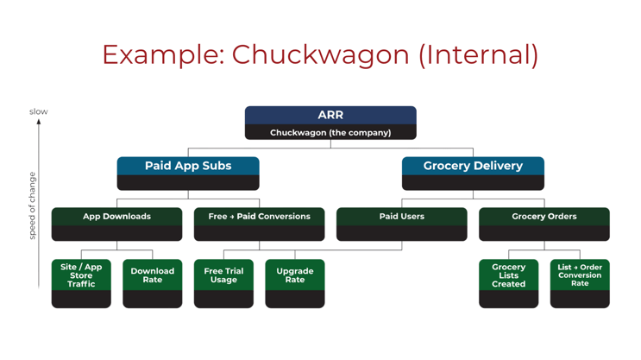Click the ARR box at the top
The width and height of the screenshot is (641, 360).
(x=330, y=115)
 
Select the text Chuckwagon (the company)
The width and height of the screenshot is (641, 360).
(x=330, y=133)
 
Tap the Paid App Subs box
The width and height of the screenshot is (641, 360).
(x=188, y=166)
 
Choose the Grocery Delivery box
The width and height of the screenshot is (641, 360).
(x=473, y=166)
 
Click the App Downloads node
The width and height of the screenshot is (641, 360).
(x=116, y=217)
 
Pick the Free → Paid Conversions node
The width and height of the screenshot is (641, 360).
(x=259, y=217)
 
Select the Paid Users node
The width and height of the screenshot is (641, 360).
(x=401, y=217)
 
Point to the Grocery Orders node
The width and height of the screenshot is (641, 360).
(x=544, y=217)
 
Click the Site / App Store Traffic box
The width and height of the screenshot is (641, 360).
(x=81, y=275)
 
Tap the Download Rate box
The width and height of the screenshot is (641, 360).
(x=153, y=275)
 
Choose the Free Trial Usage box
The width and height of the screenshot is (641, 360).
(x=223, y=275)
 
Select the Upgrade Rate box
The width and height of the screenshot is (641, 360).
(x=295, y=275)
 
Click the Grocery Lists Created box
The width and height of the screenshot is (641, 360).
(x=508, y=275)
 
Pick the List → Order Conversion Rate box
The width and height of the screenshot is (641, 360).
(x=580, y=275)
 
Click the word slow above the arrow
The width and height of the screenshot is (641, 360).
(x=39, y=111)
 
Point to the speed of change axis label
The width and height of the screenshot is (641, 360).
(x=33, y=205)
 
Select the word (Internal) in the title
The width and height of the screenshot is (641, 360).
(x=478, y=54)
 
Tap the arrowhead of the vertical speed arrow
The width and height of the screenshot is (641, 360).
(x=39, y=123)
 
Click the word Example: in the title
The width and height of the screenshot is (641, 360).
(x=162, y=54)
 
